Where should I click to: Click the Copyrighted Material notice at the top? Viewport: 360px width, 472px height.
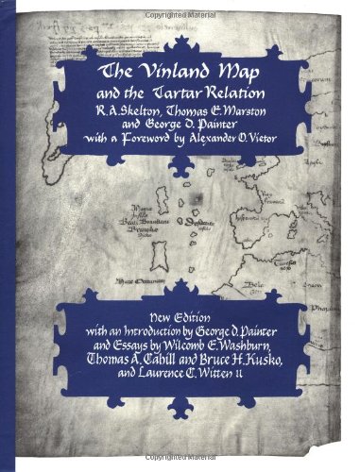tap(180, 6)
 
